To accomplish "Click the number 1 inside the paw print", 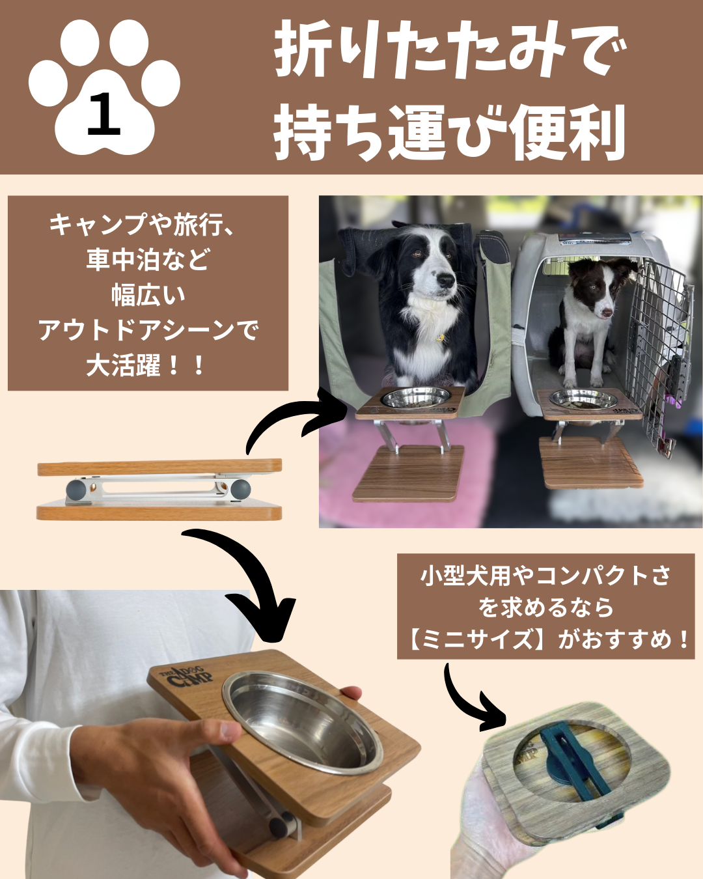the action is [103, 114].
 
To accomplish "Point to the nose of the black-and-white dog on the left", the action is [445, 281].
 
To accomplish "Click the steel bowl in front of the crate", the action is [584, 398].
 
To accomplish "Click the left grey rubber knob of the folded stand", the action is [76, 490].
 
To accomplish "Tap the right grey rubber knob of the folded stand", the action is [240, 489].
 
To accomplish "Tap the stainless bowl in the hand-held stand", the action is [302, 723].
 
